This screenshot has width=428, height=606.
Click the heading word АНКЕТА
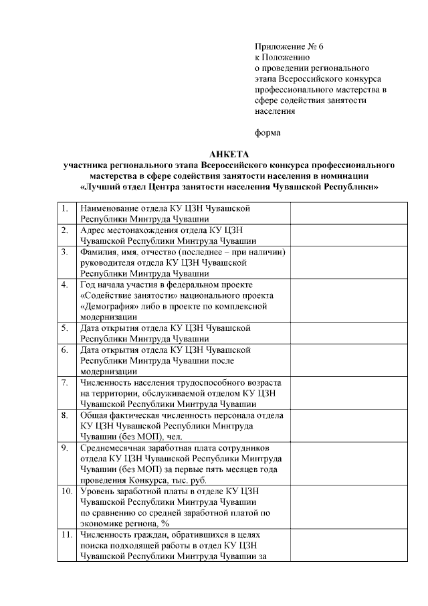pos(229,153)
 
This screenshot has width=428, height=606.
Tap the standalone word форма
pos(267,133)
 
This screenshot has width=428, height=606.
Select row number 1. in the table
pos(65,208)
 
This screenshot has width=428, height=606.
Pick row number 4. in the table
pos(65,285)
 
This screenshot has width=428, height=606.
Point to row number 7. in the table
pos(65,382)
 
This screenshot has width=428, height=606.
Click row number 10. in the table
pos(66,491)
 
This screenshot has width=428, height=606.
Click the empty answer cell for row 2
pos(349,235)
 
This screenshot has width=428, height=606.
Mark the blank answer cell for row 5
pos(349,333)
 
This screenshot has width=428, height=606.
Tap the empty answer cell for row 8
pos(349,425)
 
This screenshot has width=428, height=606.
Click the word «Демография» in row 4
pos(108,306)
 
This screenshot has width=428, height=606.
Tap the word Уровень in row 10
pos(98,491)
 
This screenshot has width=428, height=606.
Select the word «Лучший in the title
pos(99,187)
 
